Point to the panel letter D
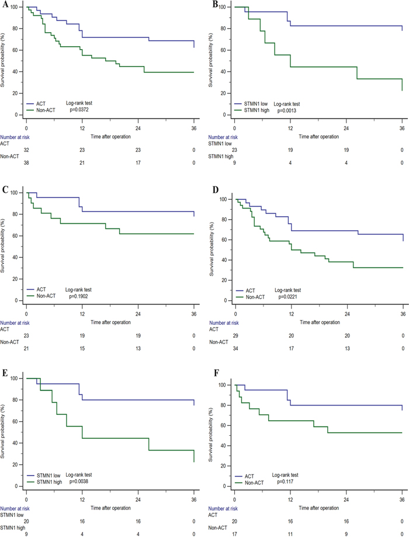tap(214, 192)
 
